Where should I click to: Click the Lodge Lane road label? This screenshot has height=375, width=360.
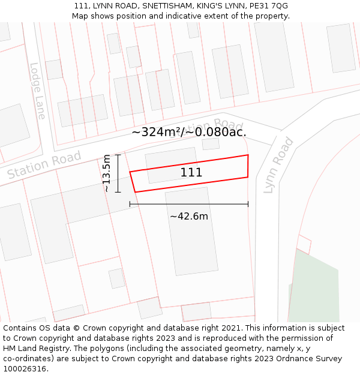click(x=37, y=91)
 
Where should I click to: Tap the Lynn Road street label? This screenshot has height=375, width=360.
click(x=279, y=164)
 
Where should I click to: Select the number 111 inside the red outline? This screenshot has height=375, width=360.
click(x=191, y=173)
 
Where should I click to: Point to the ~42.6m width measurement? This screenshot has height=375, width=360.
click(x=189, y=216)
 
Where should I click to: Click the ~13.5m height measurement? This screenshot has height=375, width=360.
click(x=107, y=173)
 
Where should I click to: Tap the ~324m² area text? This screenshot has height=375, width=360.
click(x=157, y=132)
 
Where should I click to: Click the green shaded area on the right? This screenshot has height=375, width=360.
click(x=315, y=288)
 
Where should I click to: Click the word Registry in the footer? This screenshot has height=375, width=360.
click(x=60, y=349)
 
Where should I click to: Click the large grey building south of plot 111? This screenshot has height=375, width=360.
click(x=191, y=230)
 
